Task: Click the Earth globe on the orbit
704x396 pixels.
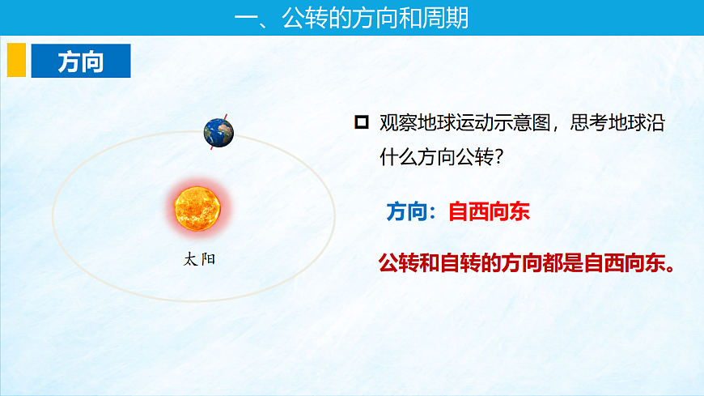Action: click(218, 131)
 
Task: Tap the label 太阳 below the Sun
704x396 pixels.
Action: click(200, 260)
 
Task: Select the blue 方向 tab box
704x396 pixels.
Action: click(80, 61)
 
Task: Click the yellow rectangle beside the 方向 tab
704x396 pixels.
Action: click(16, 61)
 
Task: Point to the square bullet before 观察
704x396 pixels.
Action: click(362, 122)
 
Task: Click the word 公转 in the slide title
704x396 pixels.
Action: click(306, 18)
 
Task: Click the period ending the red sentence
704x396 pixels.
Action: click(668, 267)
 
